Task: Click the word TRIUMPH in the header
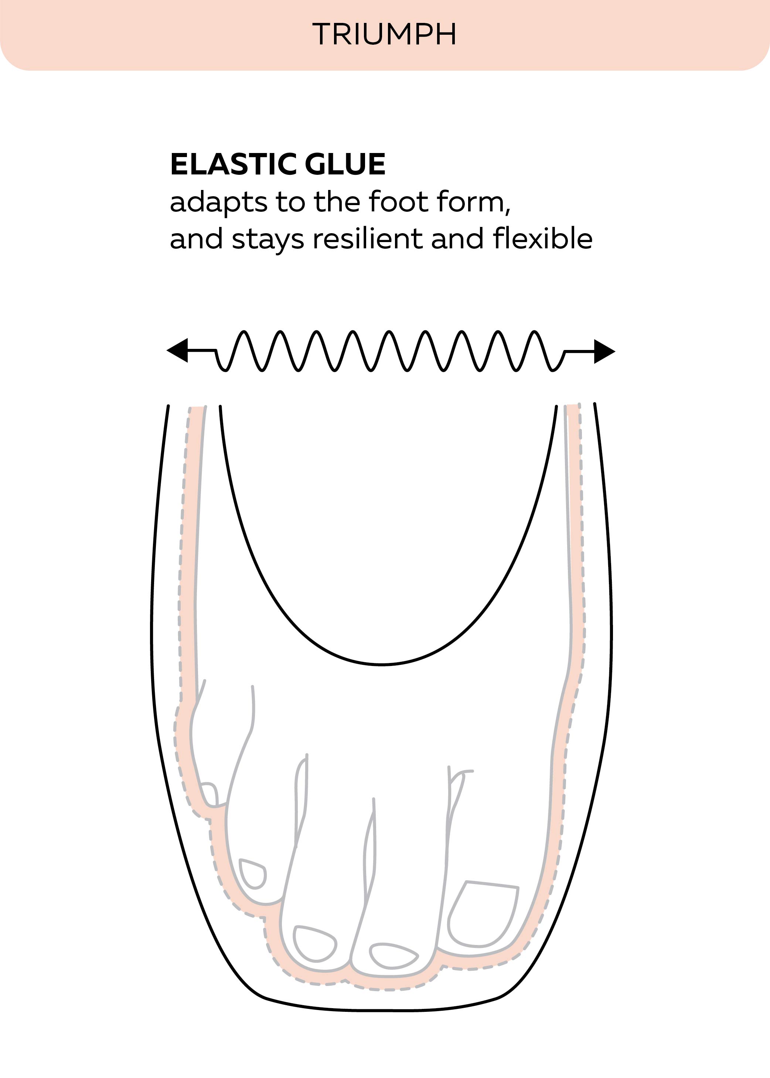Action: (x=385, y=34)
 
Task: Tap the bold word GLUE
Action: (x=345, y=164)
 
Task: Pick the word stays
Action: (x=268, y=240)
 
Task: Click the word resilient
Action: (x=368, y=238)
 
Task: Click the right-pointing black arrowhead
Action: (x=604, y=351)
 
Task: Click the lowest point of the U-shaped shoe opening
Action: (x=382, y=664)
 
